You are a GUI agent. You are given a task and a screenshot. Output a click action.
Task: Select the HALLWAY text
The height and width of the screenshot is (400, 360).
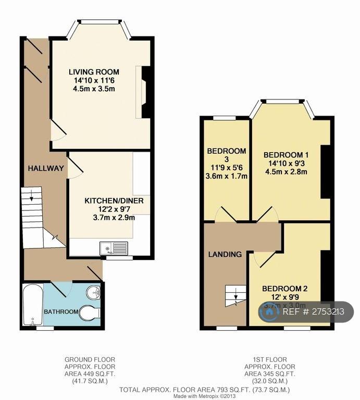coord(46,168)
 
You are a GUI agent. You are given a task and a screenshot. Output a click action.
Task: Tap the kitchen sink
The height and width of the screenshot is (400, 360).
coord(113,248)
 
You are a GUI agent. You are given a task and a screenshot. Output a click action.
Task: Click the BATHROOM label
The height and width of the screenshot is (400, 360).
coord(61,312)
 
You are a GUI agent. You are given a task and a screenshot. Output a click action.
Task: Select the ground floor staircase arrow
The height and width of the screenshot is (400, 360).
coord(32,197)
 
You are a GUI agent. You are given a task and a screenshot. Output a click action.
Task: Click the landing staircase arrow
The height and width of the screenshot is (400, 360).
coord(236,297)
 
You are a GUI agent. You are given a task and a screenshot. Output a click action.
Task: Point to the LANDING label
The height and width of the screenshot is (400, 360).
coord(225,255)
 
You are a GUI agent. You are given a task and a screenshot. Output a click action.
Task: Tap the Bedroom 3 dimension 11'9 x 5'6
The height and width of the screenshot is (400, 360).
coord(227,168)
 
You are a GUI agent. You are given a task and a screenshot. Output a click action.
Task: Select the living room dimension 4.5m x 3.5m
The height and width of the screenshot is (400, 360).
coord(94,89)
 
